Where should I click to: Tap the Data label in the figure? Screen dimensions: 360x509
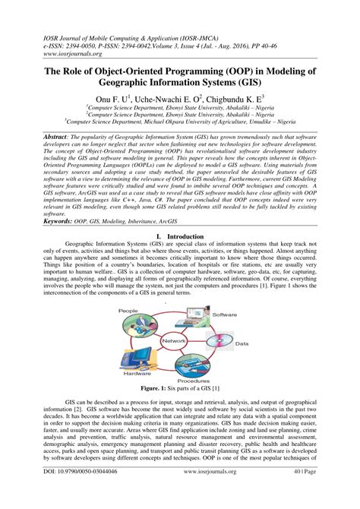pos(242,343)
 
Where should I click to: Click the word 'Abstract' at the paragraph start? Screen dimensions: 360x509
pos(46,133)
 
